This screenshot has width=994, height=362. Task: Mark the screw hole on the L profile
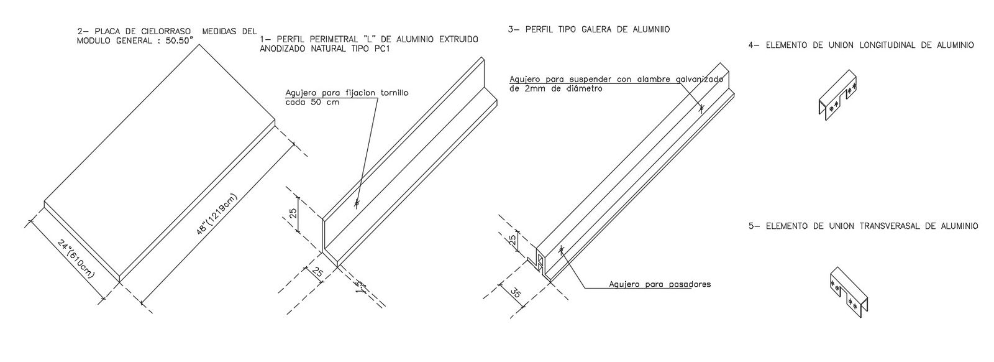357,203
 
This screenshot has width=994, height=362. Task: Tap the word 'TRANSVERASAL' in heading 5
877,226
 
